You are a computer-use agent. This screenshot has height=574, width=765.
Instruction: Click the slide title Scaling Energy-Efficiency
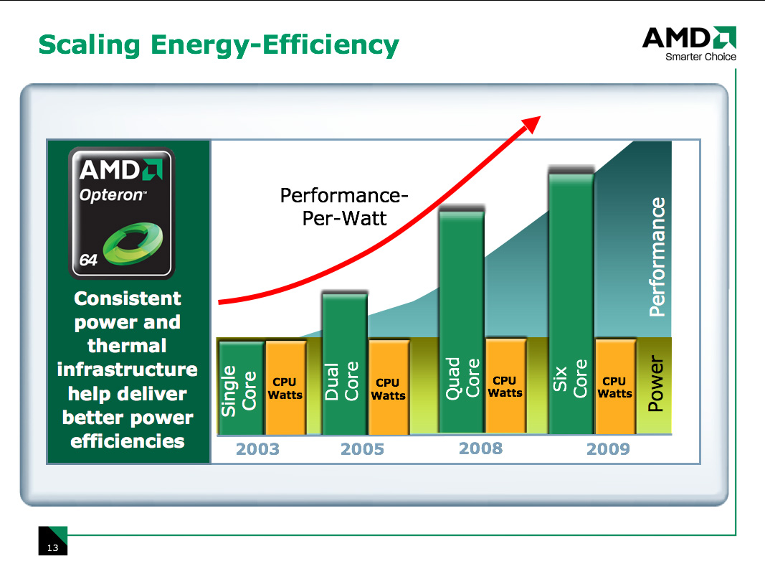pos(218,44)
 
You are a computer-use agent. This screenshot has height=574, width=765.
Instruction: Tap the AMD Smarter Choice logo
pos(689,43)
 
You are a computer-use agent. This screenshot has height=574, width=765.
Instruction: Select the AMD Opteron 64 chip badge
pos(120,213)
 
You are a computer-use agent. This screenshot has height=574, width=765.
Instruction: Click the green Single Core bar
pos(242,387)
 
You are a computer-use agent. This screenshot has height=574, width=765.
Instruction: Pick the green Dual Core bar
pos(344,364)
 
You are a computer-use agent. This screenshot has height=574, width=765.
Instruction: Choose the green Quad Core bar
pos(461,321)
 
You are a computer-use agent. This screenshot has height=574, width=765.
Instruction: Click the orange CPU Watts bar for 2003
pos(285,387)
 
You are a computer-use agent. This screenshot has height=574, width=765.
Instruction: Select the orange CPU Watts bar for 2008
pos(505,386)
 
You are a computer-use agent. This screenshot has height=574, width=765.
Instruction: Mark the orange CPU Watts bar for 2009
pos(614,387)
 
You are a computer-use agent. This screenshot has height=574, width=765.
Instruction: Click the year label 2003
pos(257,450)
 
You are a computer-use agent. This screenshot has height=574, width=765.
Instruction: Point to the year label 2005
pos(362,450)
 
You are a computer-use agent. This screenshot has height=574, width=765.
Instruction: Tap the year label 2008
pos(480,449)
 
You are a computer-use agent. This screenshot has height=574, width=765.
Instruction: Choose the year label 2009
pos(608,449)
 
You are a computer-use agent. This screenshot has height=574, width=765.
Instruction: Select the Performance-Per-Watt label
pos(344,206)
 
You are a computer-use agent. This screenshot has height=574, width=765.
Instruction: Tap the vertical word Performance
pos(657,258)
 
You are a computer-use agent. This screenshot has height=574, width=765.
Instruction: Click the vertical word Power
pos(655,385)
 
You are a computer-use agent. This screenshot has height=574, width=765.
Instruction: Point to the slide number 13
pos(52,548)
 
